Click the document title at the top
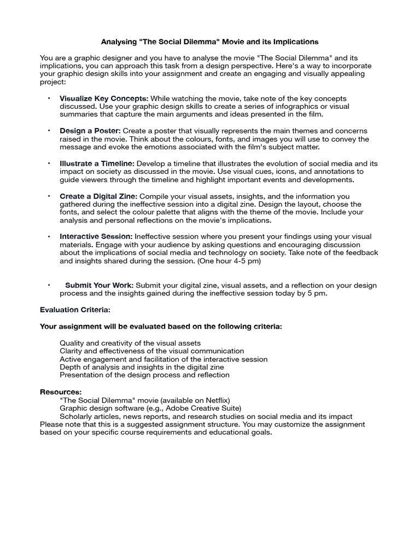pos(210,42)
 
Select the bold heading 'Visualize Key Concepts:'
pos(104,98)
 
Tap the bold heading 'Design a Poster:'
pos(90,131)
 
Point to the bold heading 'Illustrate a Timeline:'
pos(97,164)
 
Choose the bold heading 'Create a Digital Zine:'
pos(98,196)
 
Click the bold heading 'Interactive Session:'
pos(96,237)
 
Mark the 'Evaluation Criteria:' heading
pos(75,310)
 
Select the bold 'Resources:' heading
pos(61,392)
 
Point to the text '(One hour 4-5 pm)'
pos(229,261)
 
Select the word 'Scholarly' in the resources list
pos(76,417)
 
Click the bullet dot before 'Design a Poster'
pos(48,131)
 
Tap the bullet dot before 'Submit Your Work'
pos(48,285)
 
